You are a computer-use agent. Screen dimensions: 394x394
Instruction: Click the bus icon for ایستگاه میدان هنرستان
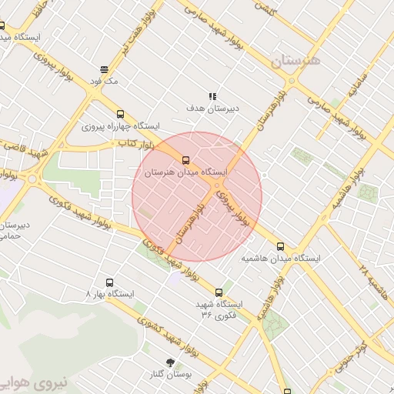point(185,160)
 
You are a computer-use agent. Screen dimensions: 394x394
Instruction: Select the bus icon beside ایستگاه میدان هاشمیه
point(280,247)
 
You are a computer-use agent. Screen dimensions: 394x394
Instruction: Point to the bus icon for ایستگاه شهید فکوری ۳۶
point(220,292)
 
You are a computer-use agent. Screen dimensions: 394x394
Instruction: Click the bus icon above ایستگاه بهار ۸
point(109,282)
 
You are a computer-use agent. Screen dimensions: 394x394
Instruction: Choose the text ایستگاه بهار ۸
point(109,295)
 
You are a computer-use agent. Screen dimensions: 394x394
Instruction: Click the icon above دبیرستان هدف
point(213,95)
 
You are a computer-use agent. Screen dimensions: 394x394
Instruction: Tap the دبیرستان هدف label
point(213,109)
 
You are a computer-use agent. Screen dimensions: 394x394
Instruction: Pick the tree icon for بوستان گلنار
point(170,361)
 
